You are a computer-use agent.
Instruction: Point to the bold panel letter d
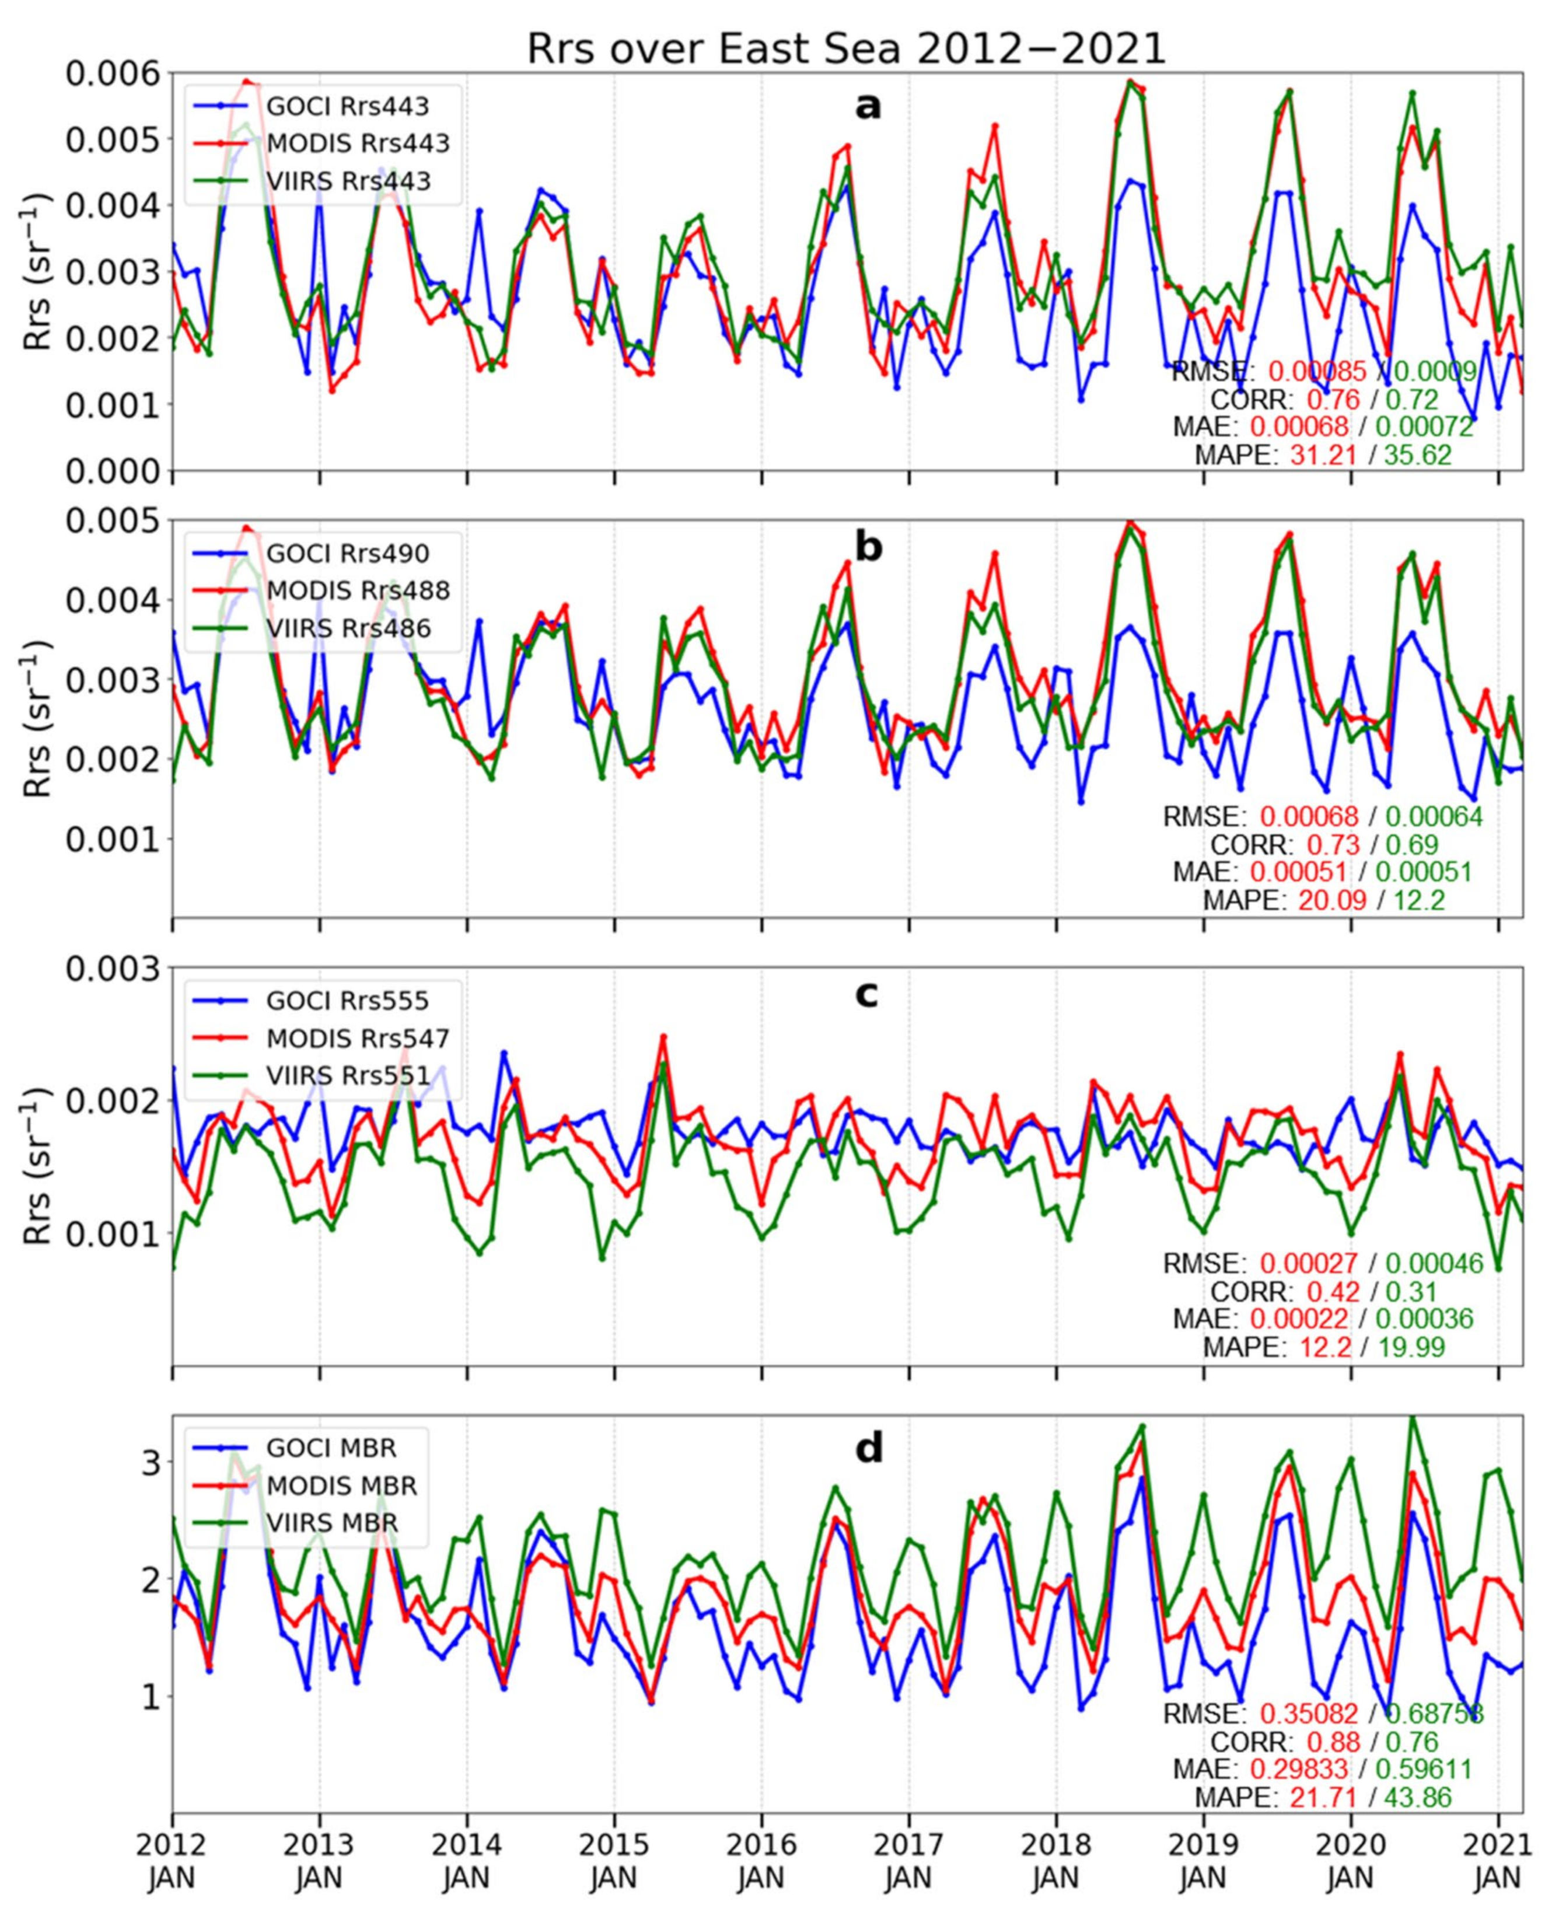point(869,1448)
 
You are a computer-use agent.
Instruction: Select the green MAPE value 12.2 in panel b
point(1419,900)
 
